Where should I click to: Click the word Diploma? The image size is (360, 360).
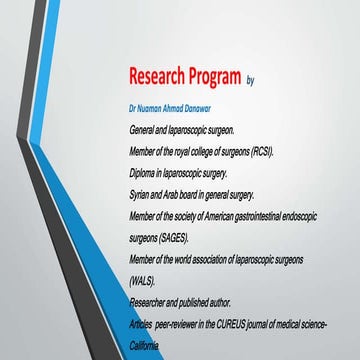point(144,171)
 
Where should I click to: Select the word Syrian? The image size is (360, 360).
point(142,192)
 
